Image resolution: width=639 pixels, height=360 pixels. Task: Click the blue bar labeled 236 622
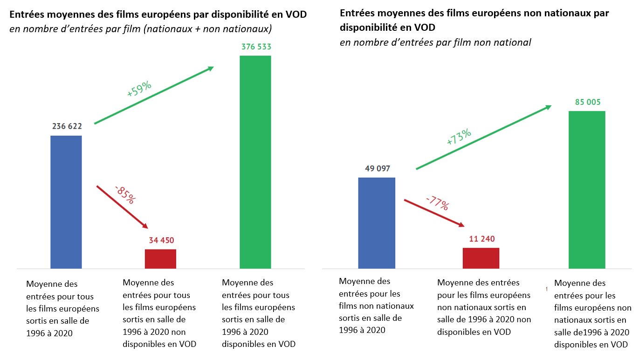66,201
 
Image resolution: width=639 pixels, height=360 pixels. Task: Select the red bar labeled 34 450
160,259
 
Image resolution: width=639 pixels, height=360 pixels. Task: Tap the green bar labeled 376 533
255,162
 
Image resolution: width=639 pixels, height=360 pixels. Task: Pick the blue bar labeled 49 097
376,223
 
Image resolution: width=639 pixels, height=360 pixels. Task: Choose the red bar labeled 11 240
481,258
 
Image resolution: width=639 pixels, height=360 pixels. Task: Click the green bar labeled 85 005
587,189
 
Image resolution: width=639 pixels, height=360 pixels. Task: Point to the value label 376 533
256,47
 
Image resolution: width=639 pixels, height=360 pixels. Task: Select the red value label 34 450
161,241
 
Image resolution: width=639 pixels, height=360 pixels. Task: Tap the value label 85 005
587,102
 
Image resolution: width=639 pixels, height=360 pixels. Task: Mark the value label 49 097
377,168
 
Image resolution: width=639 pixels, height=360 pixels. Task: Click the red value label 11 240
481,238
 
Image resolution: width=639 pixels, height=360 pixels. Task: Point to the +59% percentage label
139,89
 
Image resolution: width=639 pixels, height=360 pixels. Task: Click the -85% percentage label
125,194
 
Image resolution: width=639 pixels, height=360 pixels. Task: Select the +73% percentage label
459,138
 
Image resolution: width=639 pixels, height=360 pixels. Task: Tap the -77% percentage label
437,203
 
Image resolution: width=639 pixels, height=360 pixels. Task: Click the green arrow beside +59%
154,95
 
